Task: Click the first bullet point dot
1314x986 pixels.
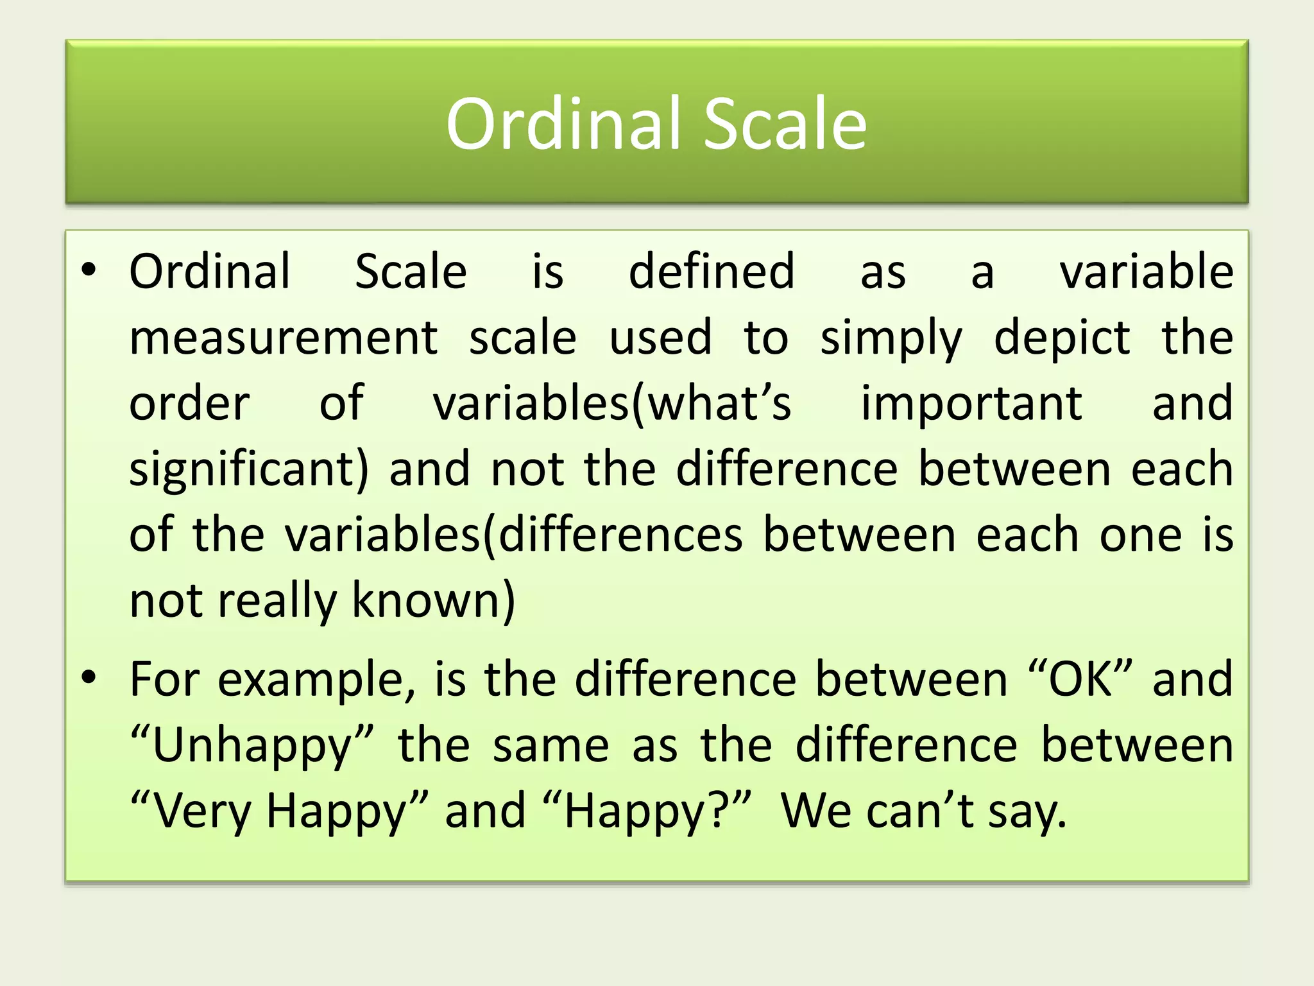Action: click(89, 270)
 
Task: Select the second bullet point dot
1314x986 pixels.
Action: click(89, 677)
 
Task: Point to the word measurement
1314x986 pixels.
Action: click(283, 338)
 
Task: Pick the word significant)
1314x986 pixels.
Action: click(249, 471)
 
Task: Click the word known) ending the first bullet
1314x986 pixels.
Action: click(433, 601)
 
